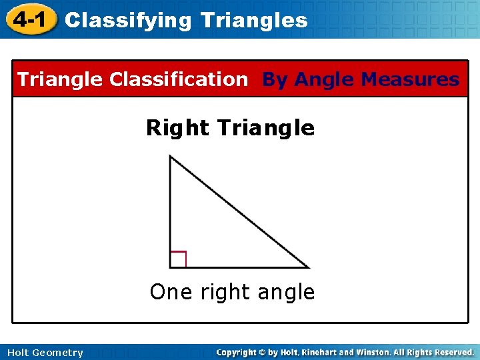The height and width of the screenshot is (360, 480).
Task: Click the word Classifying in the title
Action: pyautogui.click(x=127, y=21)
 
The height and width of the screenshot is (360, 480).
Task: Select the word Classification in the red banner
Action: pyautogui.click(x=178, y=79)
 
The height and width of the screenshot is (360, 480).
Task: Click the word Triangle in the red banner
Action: pyautogui.click(x=60, y=79)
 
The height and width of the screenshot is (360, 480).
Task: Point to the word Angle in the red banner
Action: pyautogui.click(x=324, y=80)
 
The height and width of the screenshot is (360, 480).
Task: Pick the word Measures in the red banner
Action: pyautogui.click(x=409, y=80)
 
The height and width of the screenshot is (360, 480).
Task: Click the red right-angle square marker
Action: pyautogui.click(x=178, y=259)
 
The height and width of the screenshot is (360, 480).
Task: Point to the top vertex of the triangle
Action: pyautogui.click(x=170, y=156)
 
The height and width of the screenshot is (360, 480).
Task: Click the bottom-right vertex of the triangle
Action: pyautogui.click(x=309, y=267)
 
